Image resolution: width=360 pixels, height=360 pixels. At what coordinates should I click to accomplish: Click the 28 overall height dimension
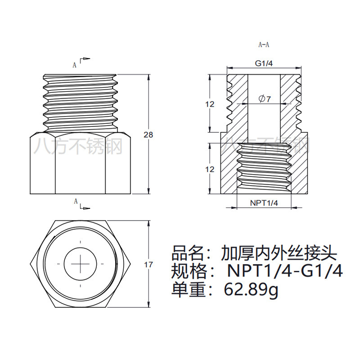(x=148, y=135)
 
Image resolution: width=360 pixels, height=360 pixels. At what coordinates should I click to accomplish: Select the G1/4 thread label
(x=264, y=63)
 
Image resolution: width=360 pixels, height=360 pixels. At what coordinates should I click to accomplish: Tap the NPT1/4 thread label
(x=264, y=203)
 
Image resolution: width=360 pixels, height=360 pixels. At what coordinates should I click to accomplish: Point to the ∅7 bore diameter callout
(x=265, y=99)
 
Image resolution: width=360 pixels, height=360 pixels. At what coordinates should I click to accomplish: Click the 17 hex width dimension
(x=148, y=265)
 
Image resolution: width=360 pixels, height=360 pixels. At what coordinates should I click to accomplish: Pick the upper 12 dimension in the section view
(x=210, y=104)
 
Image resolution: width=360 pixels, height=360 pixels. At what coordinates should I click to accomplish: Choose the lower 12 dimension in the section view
(x=210, y=169)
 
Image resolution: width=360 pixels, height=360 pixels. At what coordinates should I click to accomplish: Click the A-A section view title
(x=264, y=45)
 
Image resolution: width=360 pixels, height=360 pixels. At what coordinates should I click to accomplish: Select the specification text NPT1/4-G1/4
(x=285, y=271)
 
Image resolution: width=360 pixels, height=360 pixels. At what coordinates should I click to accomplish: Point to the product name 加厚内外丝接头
(x=279, y=253)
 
